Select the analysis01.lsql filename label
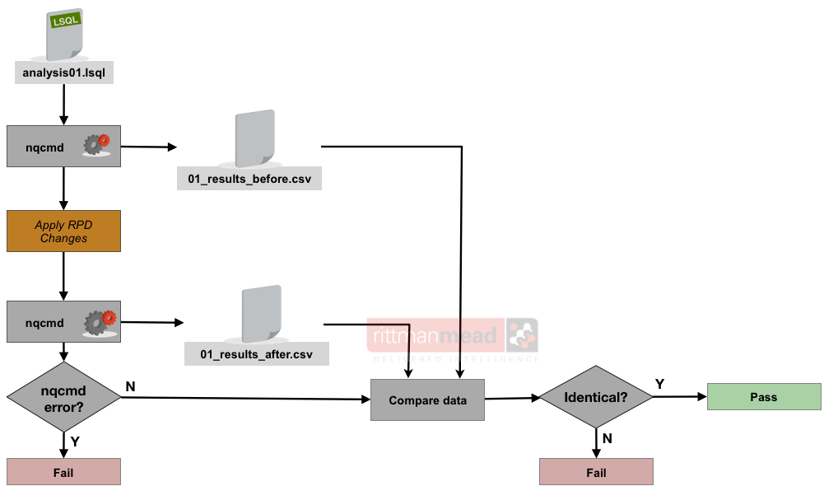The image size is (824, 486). click(x=63, y=73)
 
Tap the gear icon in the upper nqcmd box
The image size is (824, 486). click(x=96, y=145)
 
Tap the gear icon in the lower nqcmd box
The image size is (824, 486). click(x=97, y=322)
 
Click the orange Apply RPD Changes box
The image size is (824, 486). click(x=63, y=231)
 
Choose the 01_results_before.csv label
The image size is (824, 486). click(x=249, y=178)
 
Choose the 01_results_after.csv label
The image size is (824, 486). click(x=257, y=354)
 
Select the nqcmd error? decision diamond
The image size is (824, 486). click(x=63, y=397)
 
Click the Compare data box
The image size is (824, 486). click(x=427, y=400)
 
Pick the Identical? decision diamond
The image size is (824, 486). click(x=595, y=397)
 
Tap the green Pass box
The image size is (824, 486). click(x=764, y=397)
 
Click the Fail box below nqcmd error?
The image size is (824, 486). click(x=63, y=472)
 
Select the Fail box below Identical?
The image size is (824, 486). click(x=596, y=472)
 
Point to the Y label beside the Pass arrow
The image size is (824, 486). click(x=659, y=384)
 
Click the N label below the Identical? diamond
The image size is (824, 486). click(x=608, y=438)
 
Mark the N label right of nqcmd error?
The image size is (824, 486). click(x=130, y=386)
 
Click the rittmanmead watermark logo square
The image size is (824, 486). click(x=521, y=336)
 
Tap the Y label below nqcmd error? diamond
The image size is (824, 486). click(x=75, y=442)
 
